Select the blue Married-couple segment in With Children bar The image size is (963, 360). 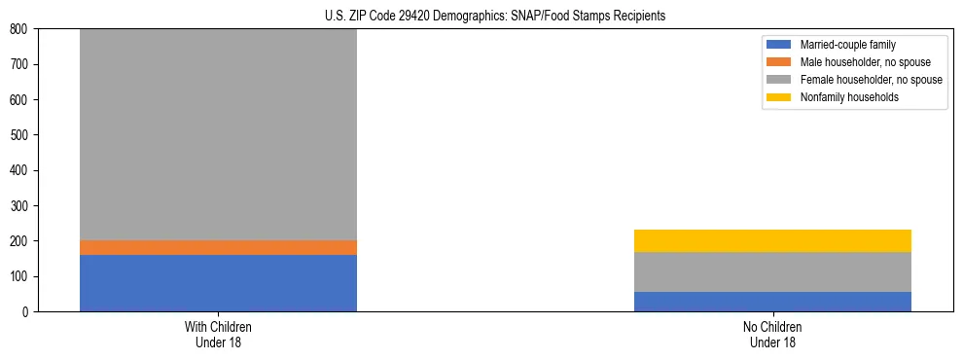pyautogui.click(x=218, y=283)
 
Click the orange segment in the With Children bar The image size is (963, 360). pyautogui.click(x=218, y=247)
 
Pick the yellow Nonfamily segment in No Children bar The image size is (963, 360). pyautogui.click(x=772, y=240)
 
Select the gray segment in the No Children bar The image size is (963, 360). pyautogui.click(x=772, y=271)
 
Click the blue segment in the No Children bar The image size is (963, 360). pyautogui.click(x=772, y=302)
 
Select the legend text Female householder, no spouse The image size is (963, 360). pyautogui.click(x=871, y=80)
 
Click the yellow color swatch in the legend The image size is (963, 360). pyautogui.click(x=779, y=97)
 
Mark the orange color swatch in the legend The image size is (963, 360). pyautogui.click(x=779, y=62)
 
